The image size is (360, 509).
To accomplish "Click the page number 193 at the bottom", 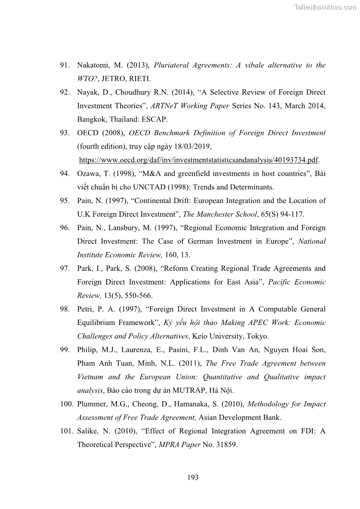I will [x=193, y=477].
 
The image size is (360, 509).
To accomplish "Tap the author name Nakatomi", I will [x=93, y=65].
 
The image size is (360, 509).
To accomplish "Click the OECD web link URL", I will [x=199, y=160].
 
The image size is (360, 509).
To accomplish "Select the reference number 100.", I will [x=66, y=404].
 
